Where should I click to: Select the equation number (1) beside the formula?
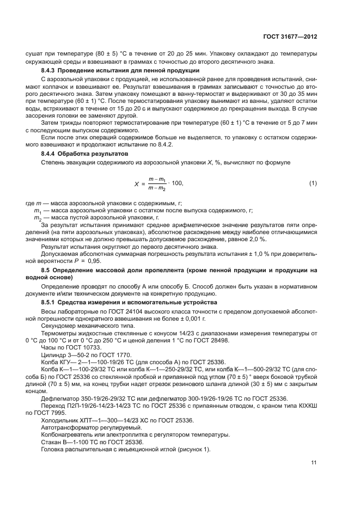click(x=313, y=183)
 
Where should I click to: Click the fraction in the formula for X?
click(x=158, y=183)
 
